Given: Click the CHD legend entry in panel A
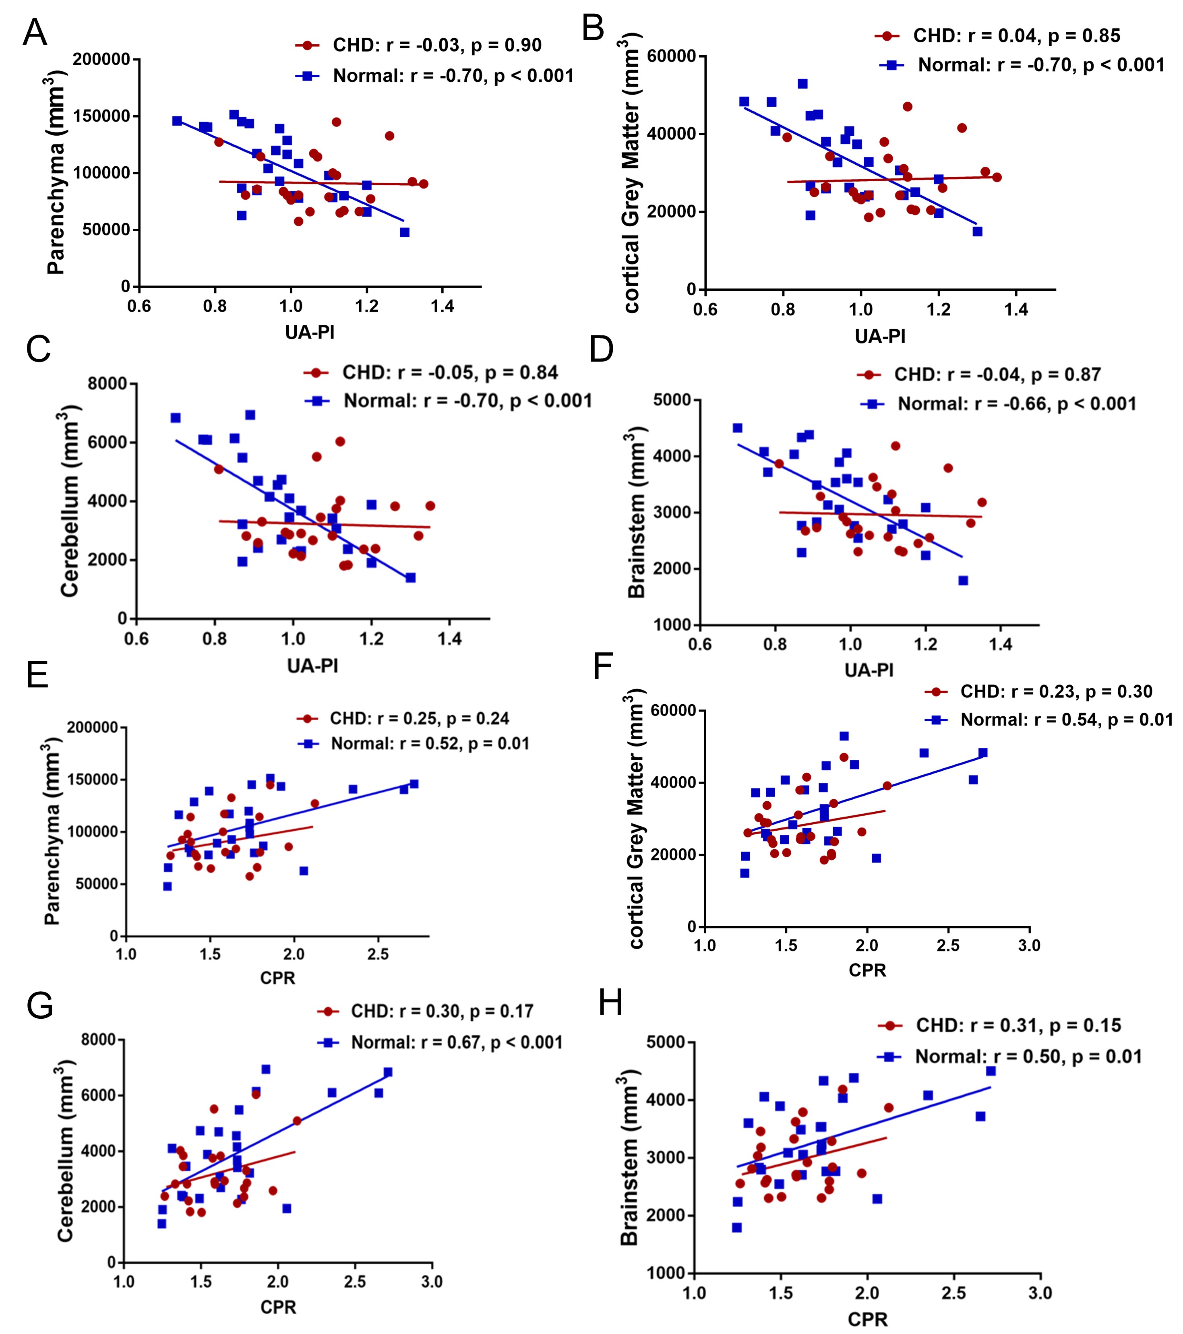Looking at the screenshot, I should pyautogui.click(x=436, y=46).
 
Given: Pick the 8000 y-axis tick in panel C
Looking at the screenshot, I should pyautogui.click(x=108, y=384).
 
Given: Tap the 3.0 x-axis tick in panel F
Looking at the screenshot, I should pyautogui.click(x=1029, y=945).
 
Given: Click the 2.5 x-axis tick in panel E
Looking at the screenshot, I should pyautogui.click(x=378, y=954).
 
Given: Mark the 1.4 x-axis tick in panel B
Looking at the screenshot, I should pyautogui.click(x=1016, y=309).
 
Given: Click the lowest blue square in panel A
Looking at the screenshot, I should pyautogui.click(x=405, y=232).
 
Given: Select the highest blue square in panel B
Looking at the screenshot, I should pyautogui.click(x=802, y=83).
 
